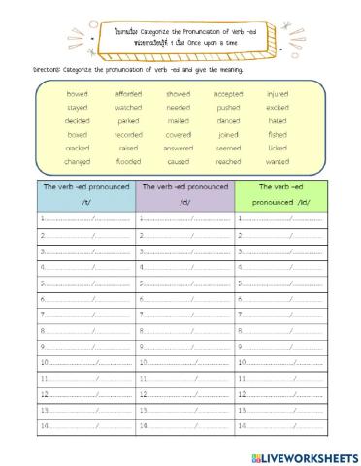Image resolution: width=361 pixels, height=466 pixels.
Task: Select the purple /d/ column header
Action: (184, 194)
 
